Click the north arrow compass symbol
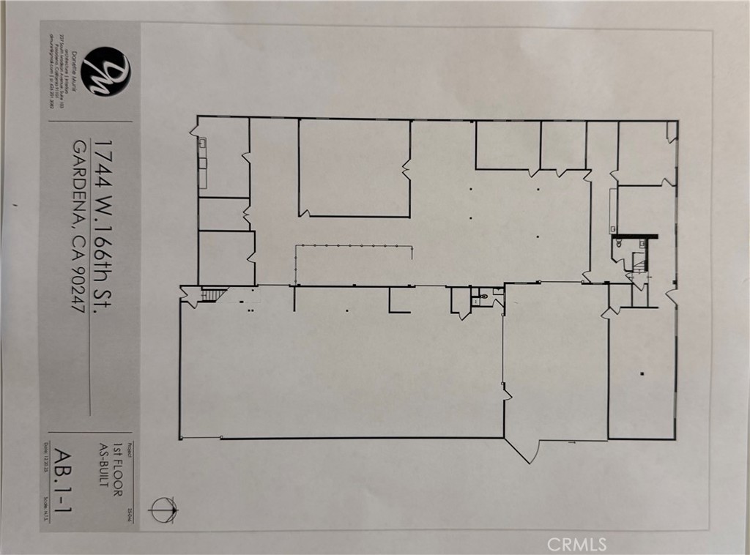(x=163, y=507)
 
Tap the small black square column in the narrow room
(x=642, y=375)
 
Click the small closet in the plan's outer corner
(x=672, y=132)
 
